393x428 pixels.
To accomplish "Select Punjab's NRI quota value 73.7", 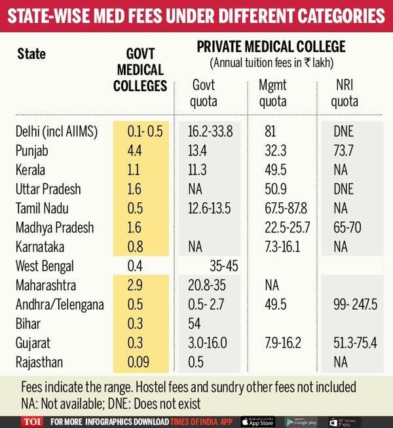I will [343, 150].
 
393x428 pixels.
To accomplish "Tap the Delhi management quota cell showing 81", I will [269, 131].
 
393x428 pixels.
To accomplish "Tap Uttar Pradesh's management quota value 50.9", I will [274, 189].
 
